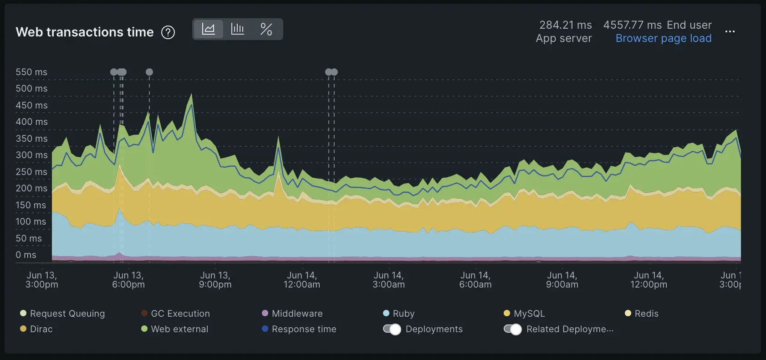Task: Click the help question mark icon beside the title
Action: (168, 32)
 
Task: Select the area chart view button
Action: (208, 29)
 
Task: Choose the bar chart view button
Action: (237, 29)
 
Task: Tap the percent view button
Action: (266, 29)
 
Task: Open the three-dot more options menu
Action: (730, 31)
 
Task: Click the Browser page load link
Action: (663, 38)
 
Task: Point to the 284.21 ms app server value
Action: (565, 25)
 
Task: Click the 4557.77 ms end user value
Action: (632, 25)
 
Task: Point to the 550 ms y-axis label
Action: (31, 72)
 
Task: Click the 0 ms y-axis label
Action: (26, 255)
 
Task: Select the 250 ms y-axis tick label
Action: (31, 172)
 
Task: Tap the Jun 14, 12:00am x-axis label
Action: (301, 280)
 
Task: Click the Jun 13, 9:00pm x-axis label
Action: (215, 280)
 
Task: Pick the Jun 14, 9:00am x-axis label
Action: (562, 280)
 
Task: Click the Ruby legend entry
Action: (403, 314)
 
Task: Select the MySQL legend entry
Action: (529, 314)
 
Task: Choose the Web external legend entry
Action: (179, 329)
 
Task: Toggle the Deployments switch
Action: (392, 329)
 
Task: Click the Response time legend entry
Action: (303, 329)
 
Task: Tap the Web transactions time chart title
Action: (85, 32)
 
